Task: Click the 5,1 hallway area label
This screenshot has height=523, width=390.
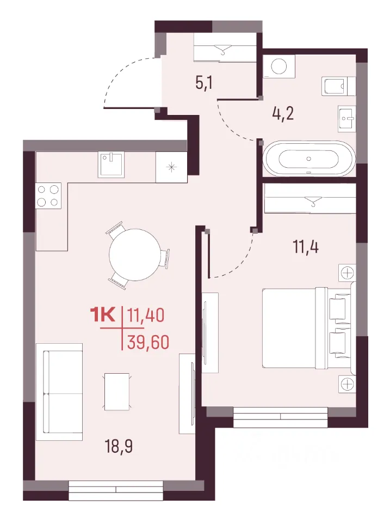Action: [x=204, y=83]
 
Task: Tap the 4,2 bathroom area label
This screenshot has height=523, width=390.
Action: [x=283, y=114]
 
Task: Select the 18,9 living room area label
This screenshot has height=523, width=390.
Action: [x=119, y=446]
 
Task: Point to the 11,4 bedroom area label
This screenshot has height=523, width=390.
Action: [x=305, y=247]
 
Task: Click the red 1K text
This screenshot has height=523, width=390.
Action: [x=103, y=314]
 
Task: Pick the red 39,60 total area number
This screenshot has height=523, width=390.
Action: [x=148, y=342]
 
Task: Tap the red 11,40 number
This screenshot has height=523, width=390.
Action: [x=146, y=315]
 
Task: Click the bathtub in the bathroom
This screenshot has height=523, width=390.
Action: [x=309, y=159]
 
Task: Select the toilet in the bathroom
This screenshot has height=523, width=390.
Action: [x=338, y=86]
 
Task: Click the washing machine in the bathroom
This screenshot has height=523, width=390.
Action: [x=279, y=66]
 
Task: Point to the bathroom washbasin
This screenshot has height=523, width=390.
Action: [x=346, y=119]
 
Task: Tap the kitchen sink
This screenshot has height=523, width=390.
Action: [x=111, y=165]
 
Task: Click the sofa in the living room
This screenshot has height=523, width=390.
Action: [x=59, y=392]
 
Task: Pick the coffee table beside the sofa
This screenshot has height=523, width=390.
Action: [x=117, y=392]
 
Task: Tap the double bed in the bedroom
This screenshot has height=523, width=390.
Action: [x=307, y=329]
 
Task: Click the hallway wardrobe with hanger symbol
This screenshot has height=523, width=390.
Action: [x=225, y=48]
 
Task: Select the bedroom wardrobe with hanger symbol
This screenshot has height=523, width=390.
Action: [x=309, y=199]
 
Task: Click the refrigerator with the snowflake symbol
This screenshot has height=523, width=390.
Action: [x=171, y=167]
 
